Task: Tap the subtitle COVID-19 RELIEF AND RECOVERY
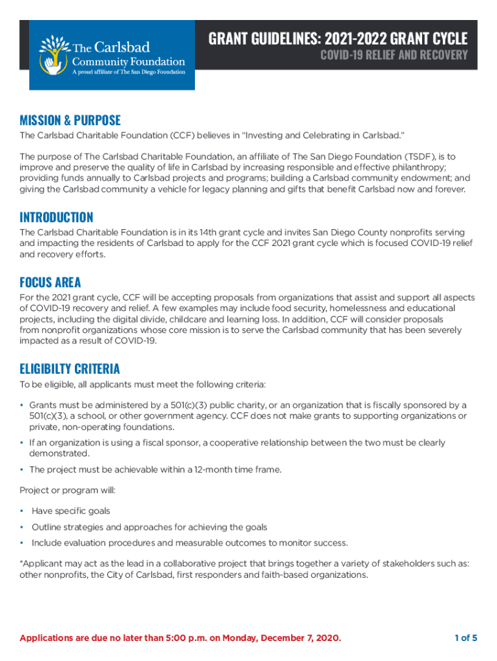(x=394, y=55)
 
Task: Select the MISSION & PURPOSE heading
(x=70, y=120)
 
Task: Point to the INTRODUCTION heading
(x=56, y=217)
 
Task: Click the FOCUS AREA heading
(x=50, y=282)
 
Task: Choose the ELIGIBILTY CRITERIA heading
(x=70, y=369)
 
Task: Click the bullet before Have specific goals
(x=22, y=511)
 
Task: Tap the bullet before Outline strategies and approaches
(x=22, y=527)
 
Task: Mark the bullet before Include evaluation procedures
(x=22, y=543)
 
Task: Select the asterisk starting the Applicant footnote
(x=21, y=563)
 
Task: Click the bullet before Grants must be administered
(x=22, y=405)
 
